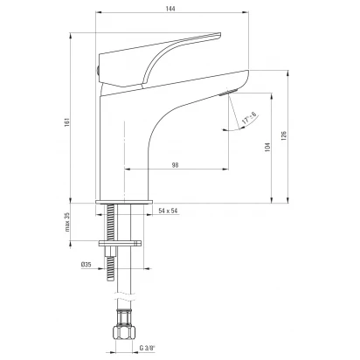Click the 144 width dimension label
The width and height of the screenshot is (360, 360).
coord(170,9)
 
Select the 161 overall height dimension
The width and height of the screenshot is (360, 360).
coord(66,122)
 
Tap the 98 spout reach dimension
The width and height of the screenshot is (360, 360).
coord(175,165)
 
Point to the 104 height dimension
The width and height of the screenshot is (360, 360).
coord(268,147)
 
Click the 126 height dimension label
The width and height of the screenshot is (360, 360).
coord(284,135)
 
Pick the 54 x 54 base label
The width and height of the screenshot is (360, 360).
coord(168,211)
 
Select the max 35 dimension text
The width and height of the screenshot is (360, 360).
coord(67,222)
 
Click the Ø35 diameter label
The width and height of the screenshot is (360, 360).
coord(87,265)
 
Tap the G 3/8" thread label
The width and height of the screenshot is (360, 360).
coord(147,348)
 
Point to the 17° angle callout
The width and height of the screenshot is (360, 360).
coord(249,119)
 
